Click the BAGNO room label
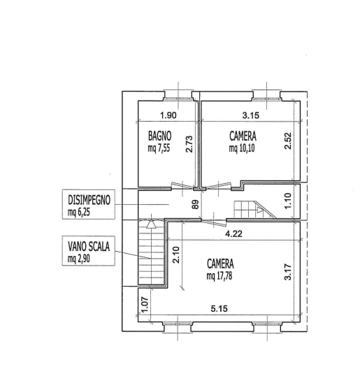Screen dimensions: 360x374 (x=159, y=136)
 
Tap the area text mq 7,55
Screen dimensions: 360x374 (x=159, y=148)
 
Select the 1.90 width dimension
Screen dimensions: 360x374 (x=168, y=115)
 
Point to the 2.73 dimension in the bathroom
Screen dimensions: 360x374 (x=189, y=144)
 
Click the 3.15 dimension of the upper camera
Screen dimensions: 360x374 (x=251, y=115)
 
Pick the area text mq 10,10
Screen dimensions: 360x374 (x=242, y=148)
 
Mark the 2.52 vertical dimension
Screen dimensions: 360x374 (x=288, y=141)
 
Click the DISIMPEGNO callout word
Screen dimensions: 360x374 (x=89, y=200)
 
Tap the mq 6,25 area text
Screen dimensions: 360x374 (x=79, y=212)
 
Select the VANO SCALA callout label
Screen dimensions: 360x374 (x=89, y=246)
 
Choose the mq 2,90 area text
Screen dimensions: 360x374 (x=79, y=259)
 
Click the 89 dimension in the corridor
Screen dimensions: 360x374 (x=196, y=204)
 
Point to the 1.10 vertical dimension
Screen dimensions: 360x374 (x=288, y=201)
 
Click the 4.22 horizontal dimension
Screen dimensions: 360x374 (x=233, y=233)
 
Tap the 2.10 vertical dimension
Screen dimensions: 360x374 (x=176, y=254)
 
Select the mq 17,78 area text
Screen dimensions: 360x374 (x=219, y=276)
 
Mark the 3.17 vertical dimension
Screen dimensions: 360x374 (x=288, y=272)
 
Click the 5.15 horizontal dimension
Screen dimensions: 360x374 (x=219, y=309)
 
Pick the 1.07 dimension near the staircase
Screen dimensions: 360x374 (x=145, y=305)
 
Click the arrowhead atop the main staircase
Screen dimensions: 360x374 (x=151, y=224)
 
